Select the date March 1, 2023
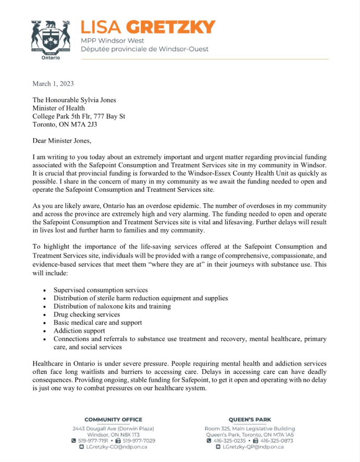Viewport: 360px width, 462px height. point(53,83)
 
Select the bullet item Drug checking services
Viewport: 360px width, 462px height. point(86,314)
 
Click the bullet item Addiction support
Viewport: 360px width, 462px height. point(79,331)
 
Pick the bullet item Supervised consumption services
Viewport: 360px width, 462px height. point(101,290)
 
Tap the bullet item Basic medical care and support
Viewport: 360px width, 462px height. point(97,323)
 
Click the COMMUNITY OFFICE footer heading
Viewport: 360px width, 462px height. point(113,419)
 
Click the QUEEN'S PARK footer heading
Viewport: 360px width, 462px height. point(250,419)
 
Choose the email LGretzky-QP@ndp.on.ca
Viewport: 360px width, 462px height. point(253,447)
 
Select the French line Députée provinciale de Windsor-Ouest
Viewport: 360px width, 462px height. point(144,49)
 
